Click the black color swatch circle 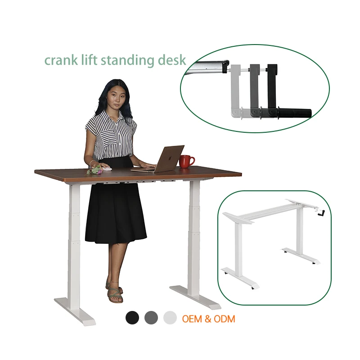(132, 318)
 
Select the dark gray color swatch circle (151, 318)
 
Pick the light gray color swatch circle (170, 318)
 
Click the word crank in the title (59, 60)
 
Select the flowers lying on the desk (95, 170)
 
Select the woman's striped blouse (110, 135)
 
